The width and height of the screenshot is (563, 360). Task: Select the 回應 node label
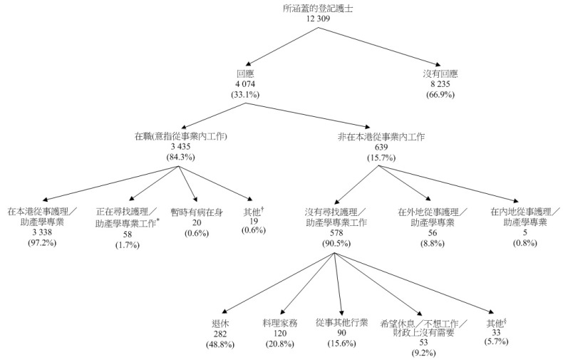coord(245,73)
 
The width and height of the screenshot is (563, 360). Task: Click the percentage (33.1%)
coord(245,94)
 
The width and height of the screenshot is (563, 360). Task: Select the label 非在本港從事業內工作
coord(378,136)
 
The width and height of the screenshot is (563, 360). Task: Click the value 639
coord(378,146)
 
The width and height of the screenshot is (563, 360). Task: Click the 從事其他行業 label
coord(341,323)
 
